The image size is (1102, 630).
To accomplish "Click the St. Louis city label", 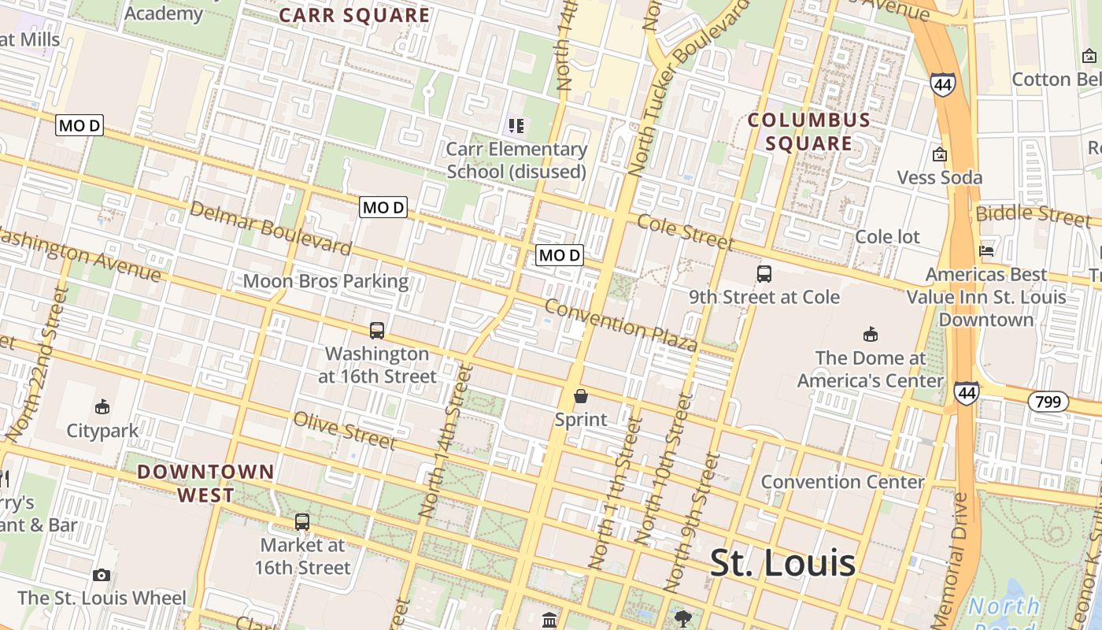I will [782, 562].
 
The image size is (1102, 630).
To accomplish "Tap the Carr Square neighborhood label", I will [354, 15].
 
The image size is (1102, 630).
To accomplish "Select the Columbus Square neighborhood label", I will [809, 132].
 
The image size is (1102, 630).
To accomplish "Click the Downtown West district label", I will [205, 484].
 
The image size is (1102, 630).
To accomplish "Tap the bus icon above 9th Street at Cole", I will [764, 274].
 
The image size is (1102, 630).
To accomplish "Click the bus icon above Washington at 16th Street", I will [377, 331].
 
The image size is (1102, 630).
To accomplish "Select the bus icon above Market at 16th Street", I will [302, 521].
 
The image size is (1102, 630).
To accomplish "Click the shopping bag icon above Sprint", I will [581, 396].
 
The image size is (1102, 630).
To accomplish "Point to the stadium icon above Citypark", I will [102, 407].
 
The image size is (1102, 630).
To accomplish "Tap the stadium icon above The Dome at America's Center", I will [870, 335].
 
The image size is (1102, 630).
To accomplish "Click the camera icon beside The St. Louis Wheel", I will [101, 576].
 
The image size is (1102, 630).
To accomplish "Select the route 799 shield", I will [1048, 402].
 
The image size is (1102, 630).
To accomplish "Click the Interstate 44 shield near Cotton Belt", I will [942, 83].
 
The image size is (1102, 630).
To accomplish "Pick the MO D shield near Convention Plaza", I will [559, 255].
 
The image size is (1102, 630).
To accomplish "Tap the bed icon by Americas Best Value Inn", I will [986, 251].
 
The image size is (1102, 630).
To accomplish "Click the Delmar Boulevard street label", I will [270, 228].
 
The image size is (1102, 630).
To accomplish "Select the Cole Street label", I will [685, 232].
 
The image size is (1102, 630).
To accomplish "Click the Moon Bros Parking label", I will [325, 281].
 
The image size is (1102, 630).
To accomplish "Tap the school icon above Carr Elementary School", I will [516, 126].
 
